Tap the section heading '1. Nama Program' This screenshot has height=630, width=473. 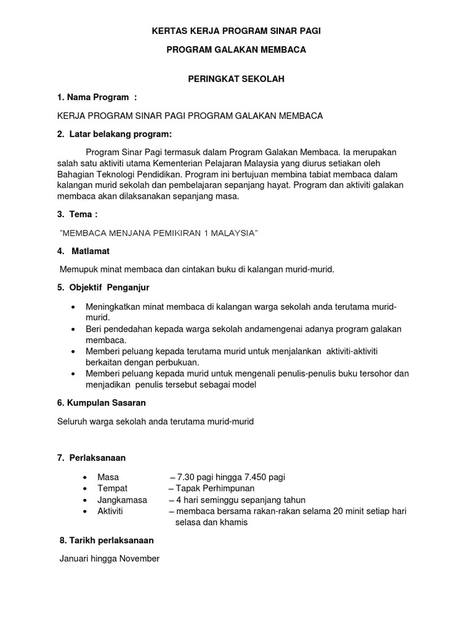pos(96,97)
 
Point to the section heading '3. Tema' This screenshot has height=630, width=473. pos(77,214)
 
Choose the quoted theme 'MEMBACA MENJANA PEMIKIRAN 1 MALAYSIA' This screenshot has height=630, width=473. pos(158,233)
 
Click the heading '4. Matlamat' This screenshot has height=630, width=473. pos(84,251)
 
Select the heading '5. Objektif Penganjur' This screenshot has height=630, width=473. pos(103,287)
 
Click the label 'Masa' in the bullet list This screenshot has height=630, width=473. pos(108,477)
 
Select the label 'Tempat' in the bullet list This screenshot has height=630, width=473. pos(112,488)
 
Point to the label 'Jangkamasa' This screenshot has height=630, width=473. pos(122,500)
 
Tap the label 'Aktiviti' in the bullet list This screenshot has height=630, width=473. pos(111,511)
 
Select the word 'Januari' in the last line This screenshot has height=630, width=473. pos(75,559)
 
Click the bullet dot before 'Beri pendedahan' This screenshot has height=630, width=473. pos(74,330)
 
